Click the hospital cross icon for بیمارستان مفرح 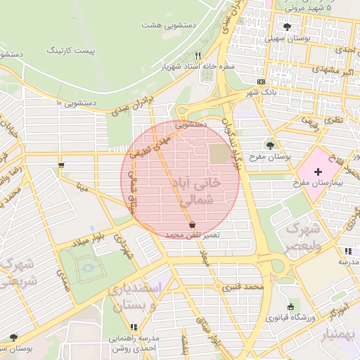click(x=318, y=171)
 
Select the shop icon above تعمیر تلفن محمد click(x=192, y=224)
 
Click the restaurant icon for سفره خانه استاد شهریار click(x=199, y=56)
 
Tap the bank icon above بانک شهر click(x=262, y=82)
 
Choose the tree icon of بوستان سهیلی click(x=285, y=27)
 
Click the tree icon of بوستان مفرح click(x=270, y=146)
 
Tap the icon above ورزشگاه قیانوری click(x=291, y=307)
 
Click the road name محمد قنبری click(x=243, y=287)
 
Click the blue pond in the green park click(x=87, y=268)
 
